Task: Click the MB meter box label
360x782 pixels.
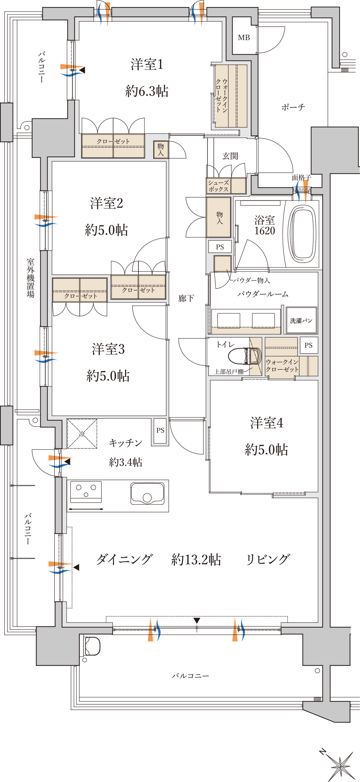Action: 244,38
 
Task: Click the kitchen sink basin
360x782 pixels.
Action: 147,493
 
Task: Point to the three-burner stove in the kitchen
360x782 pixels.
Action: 86,491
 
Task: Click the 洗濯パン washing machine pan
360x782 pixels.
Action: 301,320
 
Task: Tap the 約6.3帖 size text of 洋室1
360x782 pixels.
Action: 147,91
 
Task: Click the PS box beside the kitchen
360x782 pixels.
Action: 160,430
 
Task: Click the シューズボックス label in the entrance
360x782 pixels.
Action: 219,186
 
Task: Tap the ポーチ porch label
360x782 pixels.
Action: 293,107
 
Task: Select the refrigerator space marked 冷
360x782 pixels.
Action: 82,434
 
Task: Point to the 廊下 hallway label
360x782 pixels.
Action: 186,298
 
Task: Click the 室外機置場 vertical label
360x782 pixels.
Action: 31,278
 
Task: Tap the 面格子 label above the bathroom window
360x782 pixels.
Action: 301,178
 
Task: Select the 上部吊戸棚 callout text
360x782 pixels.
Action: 229,371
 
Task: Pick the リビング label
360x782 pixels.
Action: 267,559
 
